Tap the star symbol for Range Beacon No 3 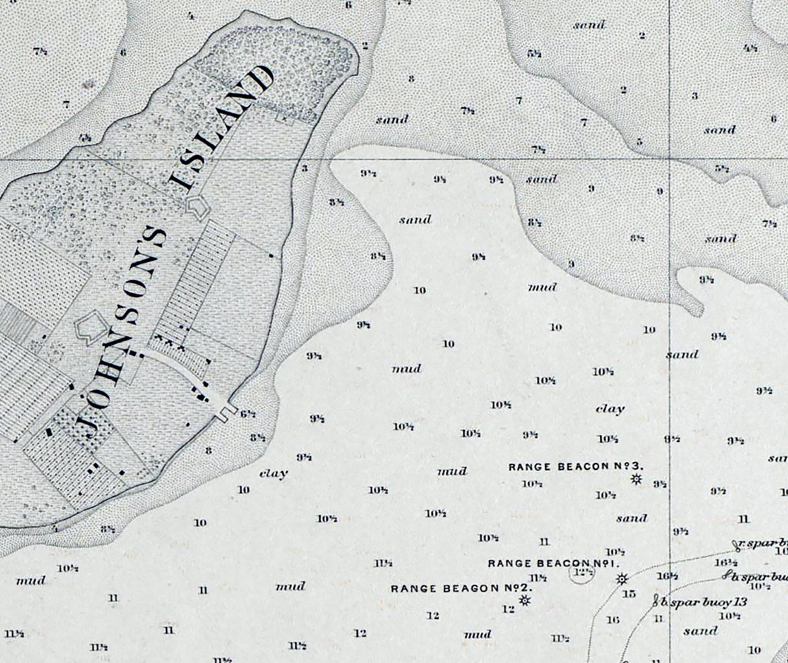(637, 479)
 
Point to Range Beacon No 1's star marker (621, 579)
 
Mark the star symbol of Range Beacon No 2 (525, 601)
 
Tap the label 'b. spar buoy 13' (704, 602)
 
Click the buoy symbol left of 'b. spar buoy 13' (656, 601)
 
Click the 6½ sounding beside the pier (248, 414)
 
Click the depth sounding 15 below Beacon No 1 (628, 594)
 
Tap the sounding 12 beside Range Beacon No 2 (508, 609)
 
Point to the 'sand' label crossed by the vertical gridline (682, 355)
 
